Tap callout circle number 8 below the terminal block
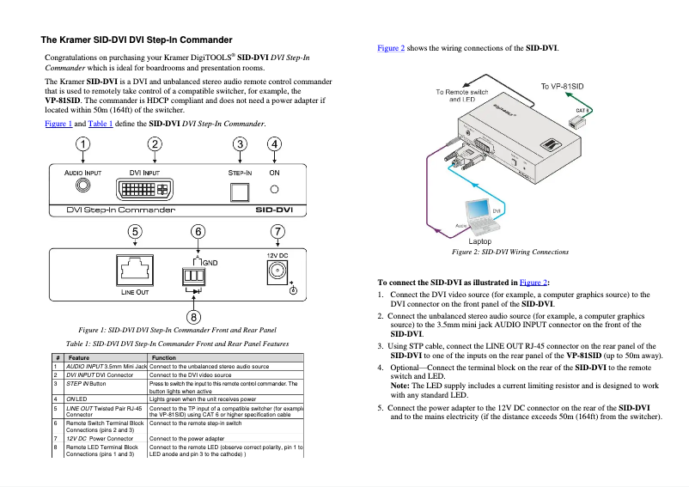[196, 317]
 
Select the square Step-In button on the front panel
[241, 190]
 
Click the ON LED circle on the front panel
[275, 189]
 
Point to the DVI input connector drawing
[155, 189]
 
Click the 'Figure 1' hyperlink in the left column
[58, 124]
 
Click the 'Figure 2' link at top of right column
[391, 48]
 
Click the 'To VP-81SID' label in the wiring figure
[561, 86]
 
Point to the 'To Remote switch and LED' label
[461, 95]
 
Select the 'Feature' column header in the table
[79, 357]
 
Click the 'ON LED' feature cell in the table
[77, 399]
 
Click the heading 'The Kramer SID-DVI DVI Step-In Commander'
[137, 40]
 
